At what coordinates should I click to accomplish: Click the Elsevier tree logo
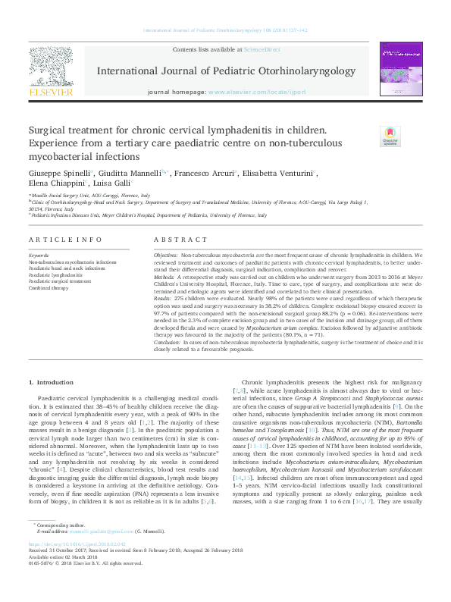(x=50, y=66)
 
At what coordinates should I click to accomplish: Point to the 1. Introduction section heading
(x=51, y=381)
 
